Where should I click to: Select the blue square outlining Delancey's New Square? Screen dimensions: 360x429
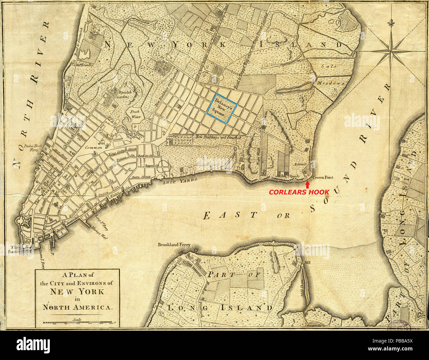[x=221, y=108]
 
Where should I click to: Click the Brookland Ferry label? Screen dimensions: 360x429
[x=174, y=245]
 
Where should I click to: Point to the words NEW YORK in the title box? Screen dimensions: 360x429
[x=77, y=291]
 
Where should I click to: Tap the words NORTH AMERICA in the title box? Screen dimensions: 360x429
[x=78, y=307]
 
